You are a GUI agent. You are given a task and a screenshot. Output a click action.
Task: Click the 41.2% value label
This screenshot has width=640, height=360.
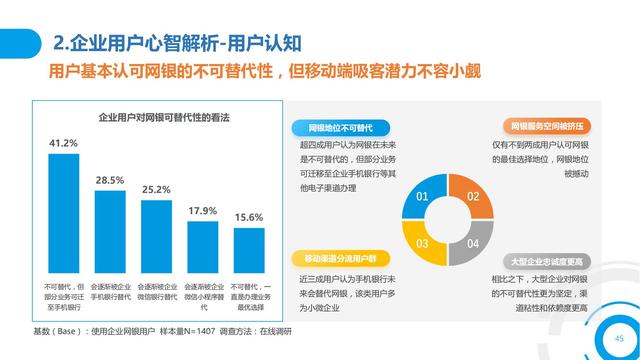point(63,144)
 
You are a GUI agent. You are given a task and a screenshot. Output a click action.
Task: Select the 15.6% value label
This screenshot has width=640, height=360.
point(249,217)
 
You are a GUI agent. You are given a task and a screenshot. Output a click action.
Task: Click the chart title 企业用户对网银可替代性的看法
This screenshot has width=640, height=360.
point(164,118)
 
